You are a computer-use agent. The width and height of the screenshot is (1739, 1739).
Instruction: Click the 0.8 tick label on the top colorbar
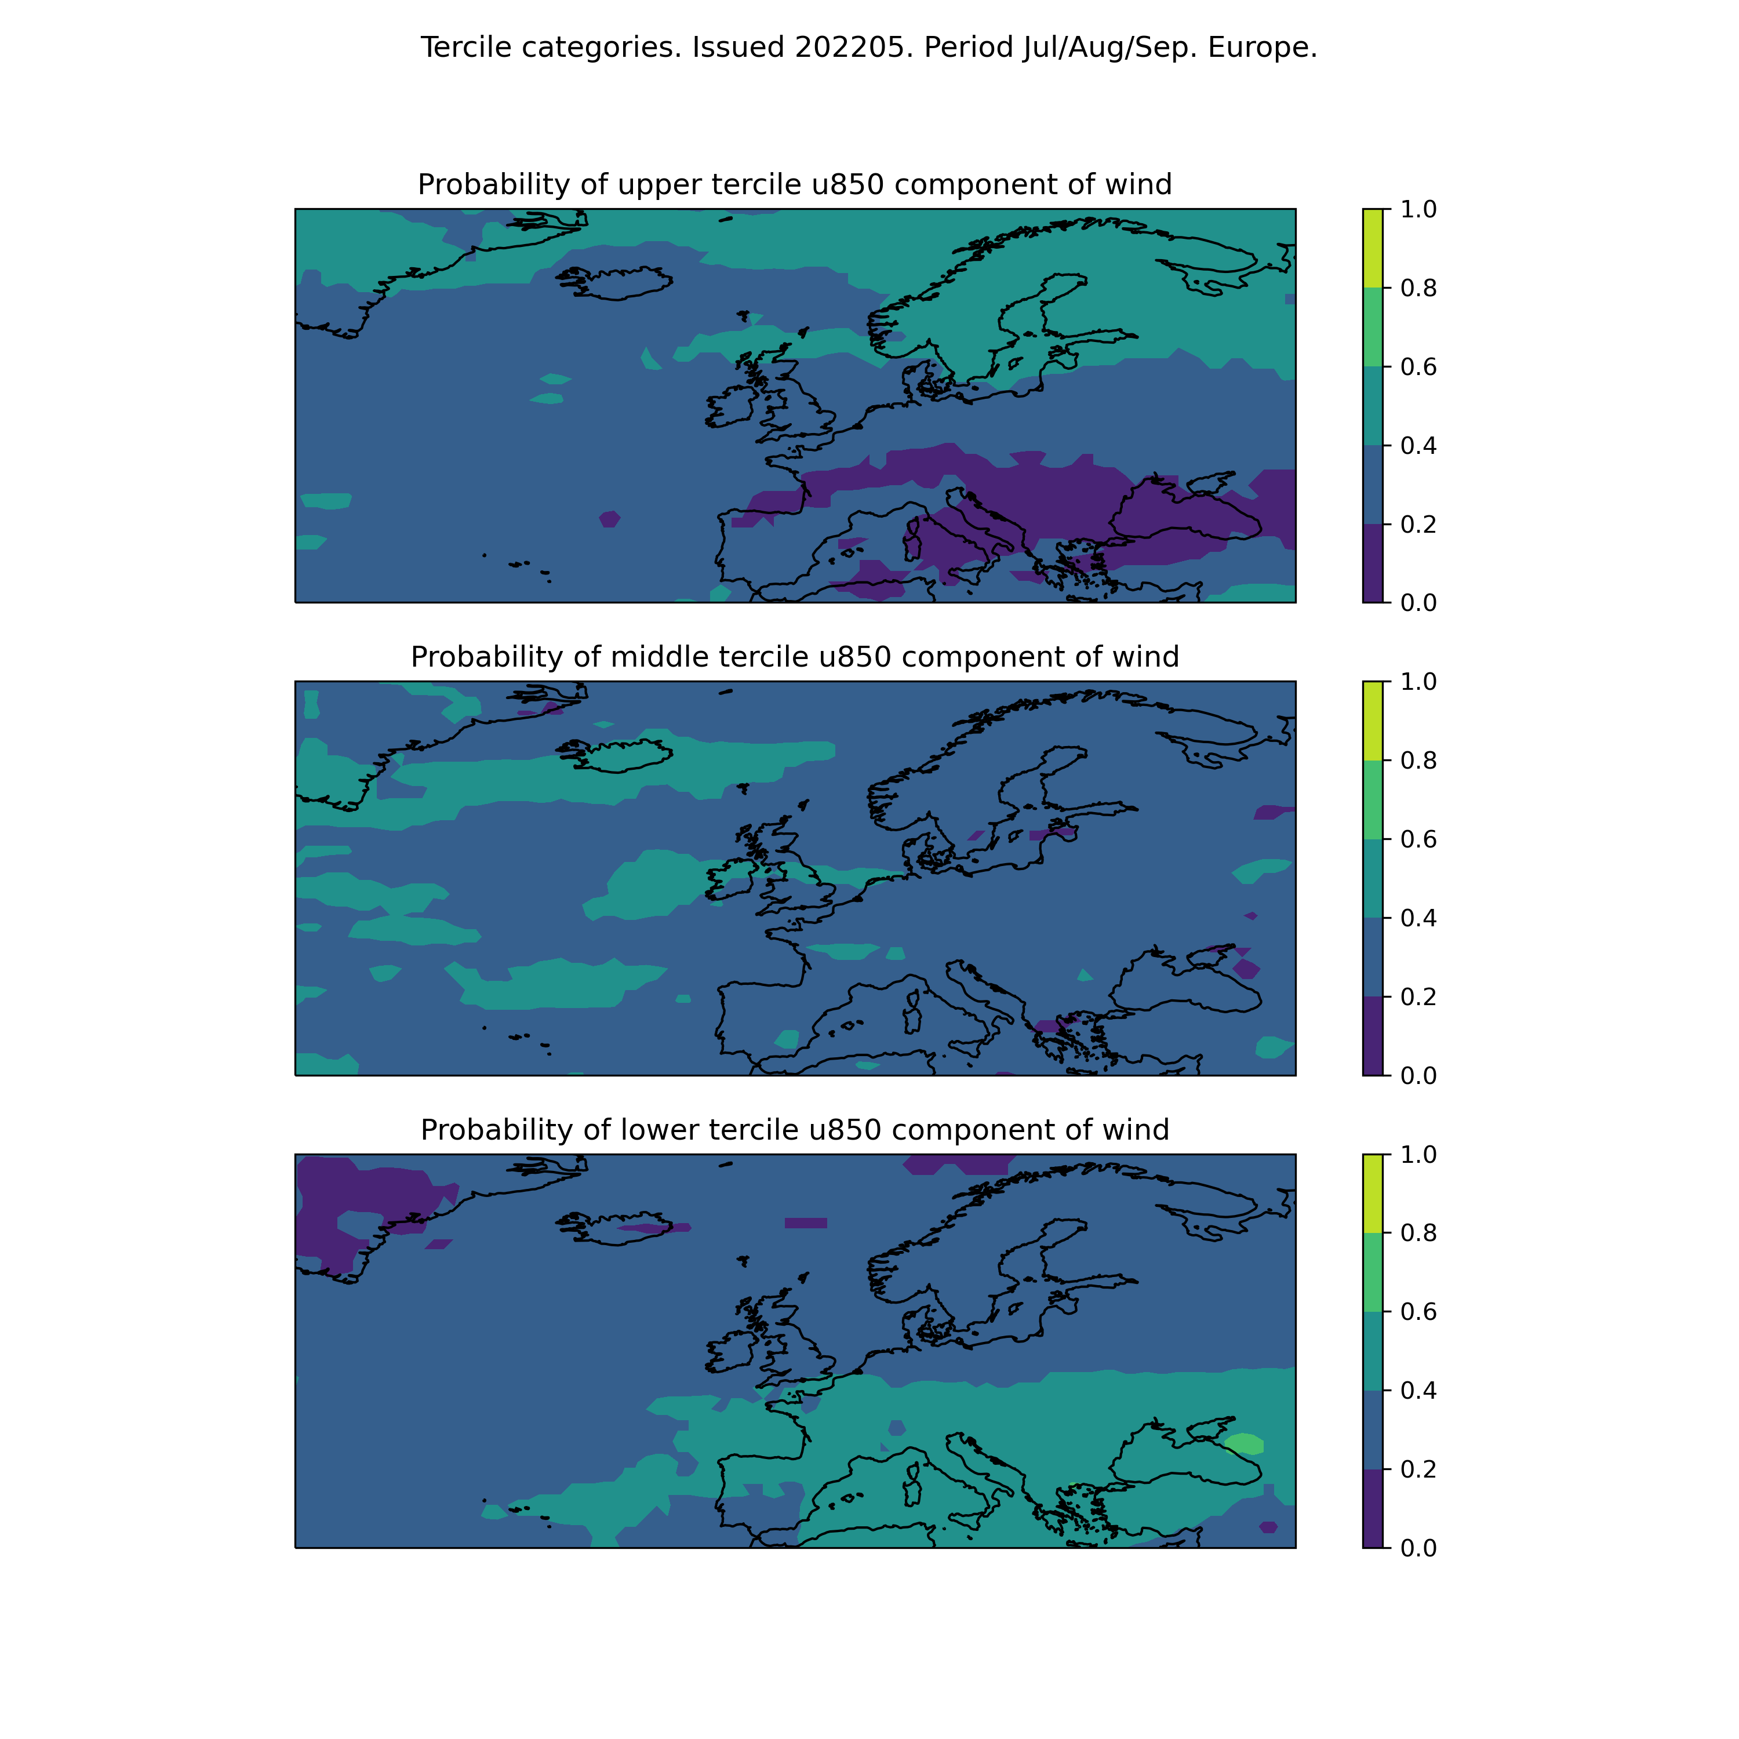[x=1418, y=288]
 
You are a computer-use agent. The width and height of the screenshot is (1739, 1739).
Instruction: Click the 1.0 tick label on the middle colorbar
[x=1418, y=681]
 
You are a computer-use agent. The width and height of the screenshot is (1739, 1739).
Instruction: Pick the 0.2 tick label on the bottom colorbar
[x=1418, y=1469]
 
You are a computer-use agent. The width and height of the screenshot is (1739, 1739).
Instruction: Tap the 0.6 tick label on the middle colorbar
[x=1418, y=839]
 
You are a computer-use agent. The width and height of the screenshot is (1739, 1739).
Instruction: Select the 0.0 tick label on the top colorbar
[x=1418, y=602]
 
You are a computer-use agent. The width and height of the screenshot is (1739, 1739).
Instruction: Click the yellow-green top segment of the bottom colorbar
[x=1373, y=1194]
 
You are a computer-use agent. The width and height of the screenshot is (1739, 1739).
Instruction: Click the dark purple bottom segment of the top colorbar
[x=1373, y=562]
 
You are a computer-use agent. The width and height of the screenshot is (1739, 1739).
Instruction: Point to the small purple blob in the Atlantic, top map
[x=609, y=518]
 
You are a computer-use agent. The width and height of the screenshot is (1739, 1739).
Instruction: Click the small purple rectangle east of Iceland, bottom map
[x=806, y=1223]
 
